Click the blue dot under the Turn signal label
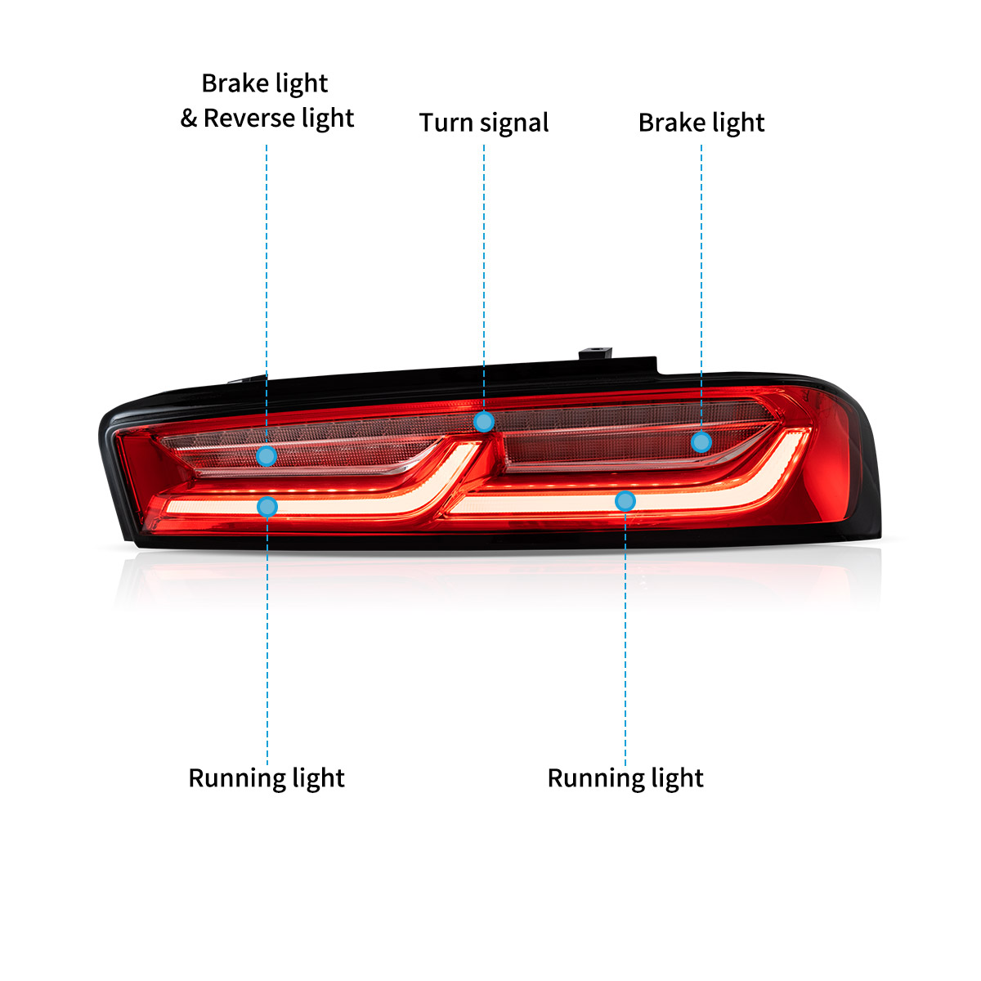(484, 422)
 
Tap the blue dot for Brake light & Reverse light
(267, 455)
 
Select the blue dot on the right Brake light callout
(701, 442)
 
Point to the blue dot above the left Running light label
(267, 507)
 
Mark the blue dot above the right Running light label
(625, 500)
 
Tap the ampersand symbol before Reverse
(189, 119)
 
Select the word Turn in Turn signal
(446, 123)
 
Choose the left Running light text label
(267, 778)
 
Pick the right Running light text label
(625, 778)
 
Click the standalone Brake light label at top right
(701, 123)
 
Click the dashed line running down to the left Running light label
(267, 638)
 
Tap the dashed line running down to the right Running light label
(625, 638)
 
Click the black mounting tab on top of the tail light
(595, 355)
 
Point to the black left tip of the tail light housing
(110, 458)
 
